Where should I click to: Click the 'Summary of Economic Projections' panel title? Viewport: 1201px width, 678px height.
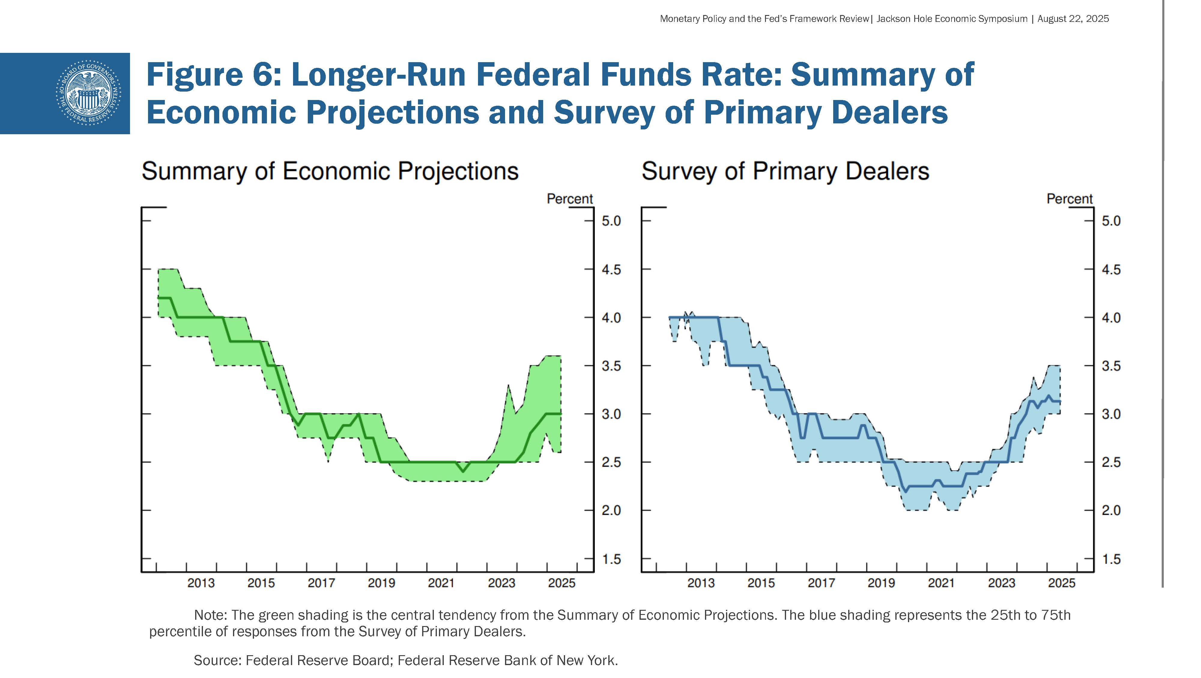[330, 171]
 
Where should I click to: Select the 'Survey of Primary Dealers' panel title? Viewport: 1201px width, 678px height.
[785, 171]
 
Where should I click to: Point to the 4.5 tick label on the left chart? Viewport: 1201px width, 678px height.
[611, 270]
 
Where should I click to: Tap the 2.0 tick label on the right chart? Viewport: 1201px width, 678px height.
[1111, 510]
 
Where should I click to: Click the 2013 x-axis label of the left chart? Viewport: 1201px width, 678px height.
[201, 583]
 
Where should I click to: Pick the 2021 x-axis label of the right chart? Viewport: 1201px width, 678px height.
[941, 583]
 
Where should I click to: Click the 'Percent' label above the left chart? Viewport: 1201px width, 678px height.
[569, 199]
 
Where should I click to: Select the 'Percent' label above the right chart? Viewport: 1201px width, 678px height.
[1069, 199]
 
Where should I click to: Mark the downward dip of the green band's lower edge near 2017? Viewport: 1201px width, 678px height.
[328, 461]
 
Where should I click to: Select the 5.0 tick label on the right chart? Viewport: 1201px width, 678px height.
[1111, 221]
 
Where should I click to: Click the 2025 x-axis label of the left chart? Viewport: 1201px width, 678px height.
[562, 583]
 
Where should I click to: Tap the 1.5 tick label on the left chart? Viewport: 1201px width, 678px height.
[611, 559]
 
